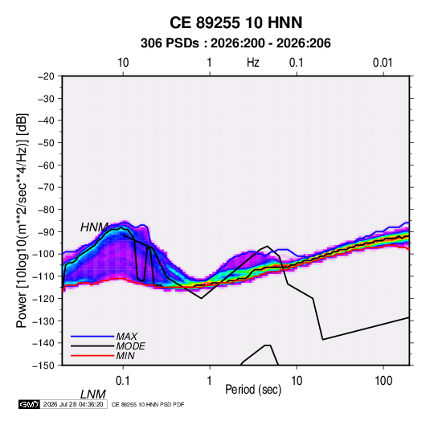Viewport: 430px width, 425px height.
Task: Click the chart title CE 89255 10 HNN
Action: (235, 22)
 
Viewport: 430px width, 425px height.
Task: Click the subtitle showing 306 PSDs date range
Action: (235, 43)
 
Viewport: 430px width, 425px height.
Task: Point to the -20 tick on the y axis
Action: (46, 76)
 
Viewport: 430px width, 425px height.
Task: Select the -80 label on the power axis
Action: (46, 210)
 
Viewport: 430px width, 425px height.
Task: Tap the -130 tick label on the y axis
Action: (43, 321)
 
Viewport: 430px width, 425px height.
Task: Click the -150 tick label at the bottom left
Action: (43, 366)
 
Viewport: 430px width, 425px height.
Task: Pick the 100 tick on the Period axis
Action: (383, 381)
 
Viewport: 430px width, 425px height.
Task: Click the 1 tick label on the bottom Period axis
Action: (210, 381)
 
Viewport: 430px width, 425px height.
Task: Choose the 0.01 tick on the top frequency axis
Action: (383, 63)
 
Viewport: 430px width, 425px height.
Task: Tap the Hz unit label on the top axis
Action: (253, 63)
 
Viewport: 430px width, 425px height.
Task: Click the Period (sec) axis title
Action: (253, 390)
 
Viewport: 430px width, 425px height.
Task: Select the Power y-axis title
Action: (22, 220)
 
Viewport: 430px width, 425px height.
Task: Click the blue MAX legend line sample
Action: (92, 336)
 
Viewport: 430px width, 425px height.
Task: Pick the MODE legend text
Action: (130, 346)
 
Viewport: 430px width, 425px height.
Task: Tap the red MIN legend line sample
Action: (92, 356)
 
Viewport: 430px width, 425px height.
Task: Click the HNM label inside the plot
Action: (94, 227)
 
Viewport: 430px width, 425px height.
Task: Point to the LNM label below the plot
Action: (93, 394)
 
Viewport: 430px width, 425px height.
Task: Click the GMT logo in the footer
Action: (30, 404)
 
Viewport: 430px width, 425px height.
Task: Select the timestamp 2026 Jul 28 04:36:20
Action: (73, 404)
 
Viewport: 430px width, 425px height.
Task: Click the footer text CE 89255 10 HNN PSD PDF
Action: (148, 404)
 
